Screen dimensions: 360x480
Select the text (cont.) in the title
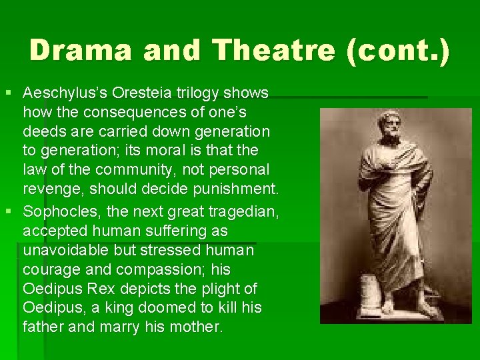tap(399, 51)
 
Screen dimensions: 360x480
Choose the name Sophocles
tap(55, 212)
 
